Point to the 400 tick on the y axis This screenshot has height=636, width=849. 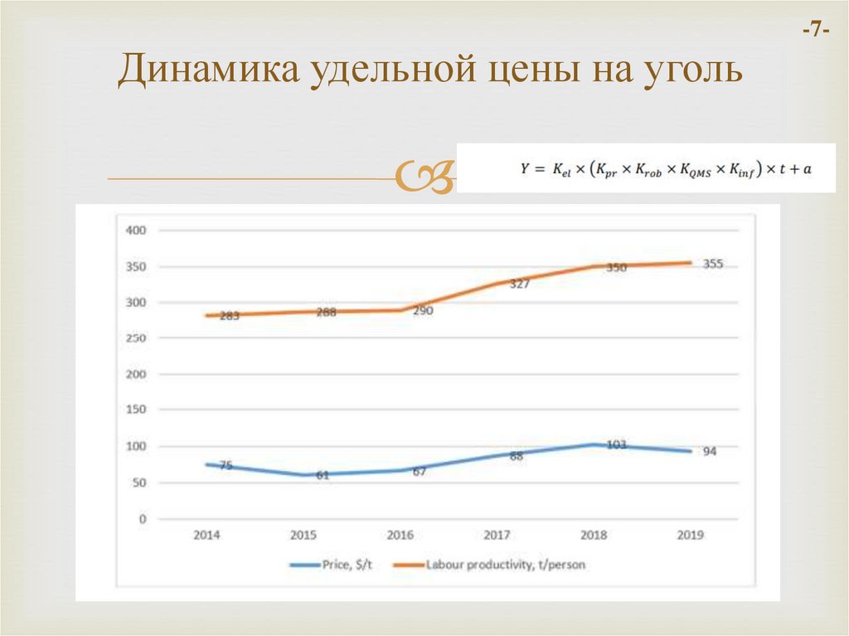[135, 230]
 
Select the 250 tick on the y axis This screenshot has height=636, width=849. [135, 338]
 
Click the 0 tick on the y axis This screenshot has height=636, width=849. [142, 519]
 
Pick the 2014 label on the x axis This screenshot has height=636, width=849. [206, 536]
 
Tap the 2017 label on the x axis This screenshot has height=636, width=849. [497, 536]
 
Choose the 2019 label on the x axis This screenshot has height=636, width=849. [690, 536]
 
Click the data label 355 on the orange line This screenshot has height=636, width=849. [712, 265]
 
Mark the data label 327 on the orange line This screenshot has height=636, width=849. [519, 284]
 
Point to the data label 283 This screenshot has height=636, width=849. [229, 316]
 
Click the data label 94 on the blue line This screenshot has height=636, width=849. [709, 452]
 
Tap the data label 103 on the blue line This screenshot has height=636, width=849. [615, 444]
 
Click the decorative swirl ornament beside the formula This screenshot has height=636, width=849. [423, 176]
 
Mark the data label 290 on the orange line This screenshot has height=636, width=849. [422, 311]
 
